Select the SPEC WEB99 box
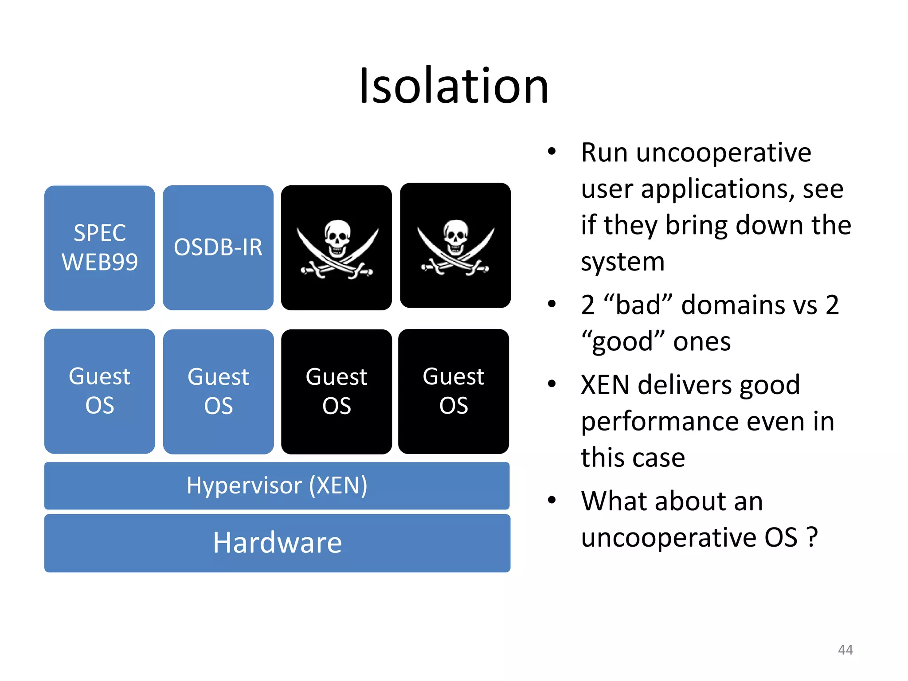(100, 247)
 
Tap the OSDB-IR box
(218, 247)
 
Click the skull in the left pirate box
(337, 237)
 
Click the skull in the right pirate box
(456, 235)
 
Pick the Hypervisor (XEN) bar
(277, 485)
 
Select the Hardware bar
(277, 543)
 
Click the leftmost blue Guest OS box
(100, 391)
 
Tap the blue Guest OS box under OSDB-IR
(219, 391)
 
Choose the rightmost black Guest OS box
(454, 391)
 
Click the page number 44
(845, 650)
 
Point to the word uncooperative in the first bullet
(724, 153)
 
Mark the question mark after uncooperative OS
(812, 537)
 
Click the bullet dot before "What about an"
(552, 500)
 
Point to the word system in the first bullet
(622, 262)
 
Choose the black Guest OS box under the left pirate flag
(337, 391)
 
